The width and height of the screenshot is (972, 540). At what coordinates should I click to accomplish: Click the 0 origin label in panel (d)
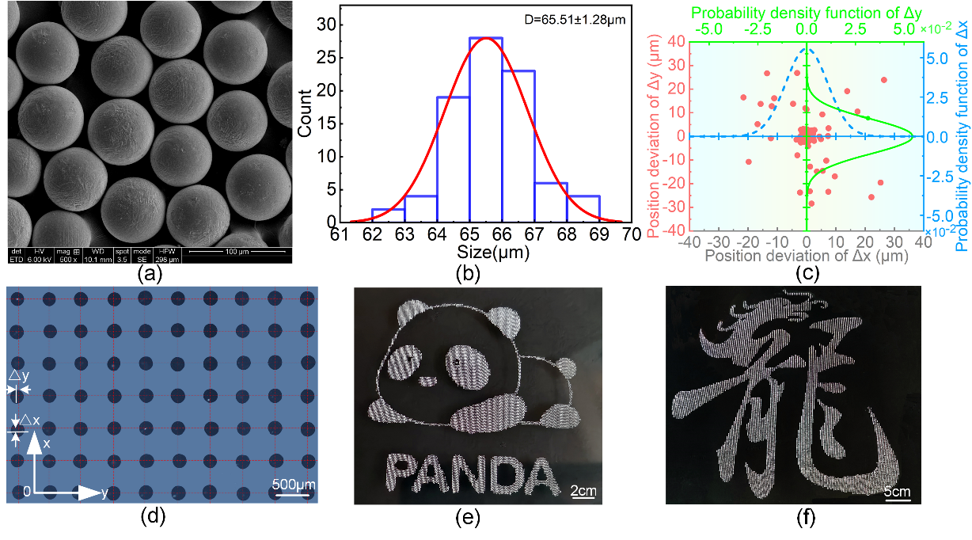click(26, 492)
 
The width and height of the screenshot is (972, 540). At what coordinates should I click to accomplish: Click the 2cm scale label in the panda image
click(584, 492)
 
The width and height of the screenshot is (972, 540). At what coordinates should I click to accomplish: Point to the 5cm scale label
click(898, 492)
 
